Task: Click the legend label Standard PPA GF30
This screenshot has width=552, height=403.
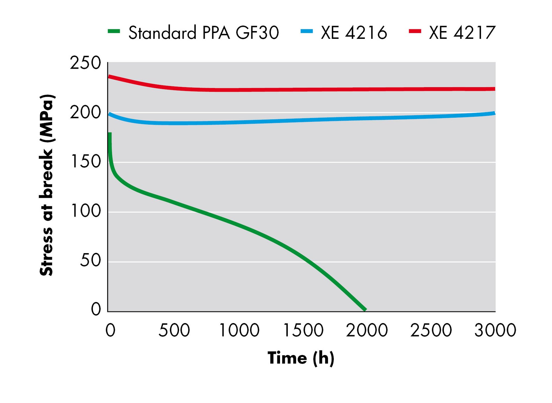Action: [204, 33]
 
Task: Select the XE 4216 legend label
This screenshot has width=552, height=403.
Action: [354, 33]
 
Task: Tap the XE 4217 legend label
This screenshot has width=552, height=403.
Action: [462, 33]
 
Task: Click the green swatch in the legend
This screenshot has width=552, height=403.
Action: [114, 31]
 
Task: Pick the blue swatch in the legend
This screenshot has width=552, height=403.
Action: [306, 31]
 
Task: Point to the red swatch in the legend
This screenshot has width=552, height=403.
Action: [415, 31]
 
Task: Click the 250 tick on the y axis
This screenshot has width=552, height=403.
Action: [85, 63]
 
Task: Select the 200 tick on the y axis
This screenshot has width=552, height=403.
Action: [85, 112]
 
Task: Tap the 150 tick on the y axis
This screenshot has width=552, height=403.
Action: [85, 162]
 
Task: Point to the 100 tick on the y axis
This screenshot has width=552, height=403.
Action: [85, 211]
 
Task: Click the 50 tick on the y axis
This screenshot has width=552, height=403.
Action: [90, 261]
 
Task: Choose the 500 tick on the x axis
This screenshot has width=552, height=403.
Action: [174, 330]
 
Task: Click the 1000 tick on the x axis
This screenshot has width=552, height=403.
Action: [239, 330]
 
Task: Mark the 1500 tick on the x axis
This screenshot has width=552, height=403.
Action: [303, 330]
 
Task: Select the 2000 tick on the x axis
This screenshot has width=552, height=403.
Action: [367, 330]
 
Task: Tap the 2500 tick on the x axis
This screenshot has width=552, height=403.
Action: [431, 330]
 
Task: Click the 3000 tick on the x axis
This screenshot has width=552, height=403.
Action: [495, 330]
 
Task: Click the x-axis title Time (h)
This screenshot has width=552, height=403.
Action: [301, 358]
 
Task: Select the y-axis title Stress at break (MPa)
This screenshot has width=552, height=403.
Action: [47, 185]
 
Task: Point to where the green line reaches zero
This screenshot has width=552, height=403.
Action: [365, 310]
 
